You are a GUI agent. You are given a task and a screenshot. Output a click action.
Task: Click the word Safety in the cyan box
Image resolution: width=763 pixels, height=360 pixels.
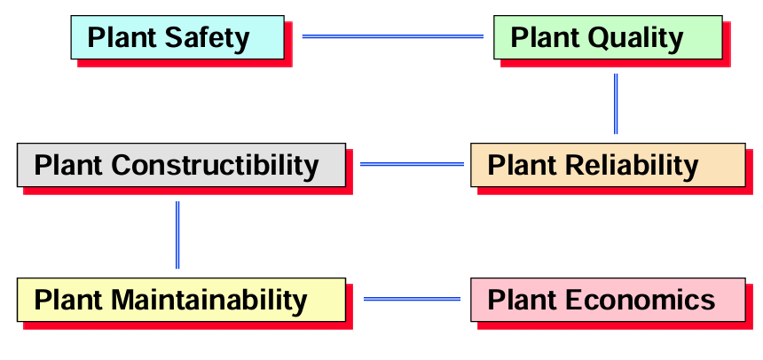[x=207, y=38]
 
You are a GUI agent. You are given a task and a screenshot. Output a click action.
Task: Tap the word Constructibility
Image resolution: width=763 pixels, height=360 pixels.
[x=215, y=165]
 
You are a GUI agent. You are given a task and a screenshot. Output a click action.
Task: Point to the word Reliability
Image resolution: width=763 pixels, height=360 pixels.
[x=632, y=165]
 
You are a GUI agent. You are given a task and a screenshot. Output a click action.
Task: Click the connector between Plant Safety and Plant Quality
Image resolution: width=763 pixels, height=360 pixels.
[x=393, y=36]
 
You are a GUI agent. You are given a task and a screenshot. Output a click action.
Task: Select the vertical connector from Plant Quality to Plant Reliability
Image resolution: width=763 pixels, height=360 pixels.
[x=616, y=104]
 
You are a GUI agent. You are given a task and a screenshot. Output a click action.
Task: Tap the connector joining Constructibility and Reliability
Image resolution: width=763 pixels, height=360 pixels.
[x=413, y=164]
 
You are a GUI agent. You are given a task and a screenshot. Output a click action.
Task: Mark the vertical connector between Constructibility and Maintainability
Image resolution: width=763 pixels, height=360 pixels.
[x=177, y=235]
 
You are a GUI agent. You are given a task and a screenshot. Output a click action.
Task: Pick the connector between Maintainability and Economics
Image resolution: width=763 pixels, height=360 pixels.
[x=413, y=299]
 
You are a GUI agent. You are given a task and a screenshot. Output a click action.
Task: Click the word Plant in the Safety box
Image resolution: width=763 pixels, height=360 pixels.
[x=123, y=38]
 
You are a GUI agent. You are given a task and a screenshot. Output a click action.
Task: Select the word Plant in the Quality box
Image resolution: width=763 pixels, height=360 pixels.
[x=546, y=38]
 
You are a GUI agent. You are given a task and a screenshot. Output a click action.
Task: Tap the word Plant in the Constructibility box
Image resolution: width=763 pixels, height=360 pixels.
[x=69, y=166]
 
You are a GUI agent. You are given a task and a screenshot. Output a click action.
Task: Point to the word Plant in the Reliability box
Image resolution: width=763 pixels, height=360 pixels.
[x=523, y=166]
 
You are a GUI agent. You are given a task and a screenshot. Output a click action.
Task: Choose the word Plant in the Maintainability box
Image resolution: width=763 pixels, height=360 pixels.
[x=69, y=300]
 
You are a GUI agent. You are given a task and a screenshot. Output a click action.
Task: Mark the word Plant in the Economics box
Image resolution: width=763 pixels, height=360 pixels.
[x=523, y=300]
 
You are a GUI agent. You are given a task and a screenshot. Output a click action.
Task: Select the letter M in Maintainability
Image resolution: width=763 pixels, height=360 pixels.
[x=122, y=300]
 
